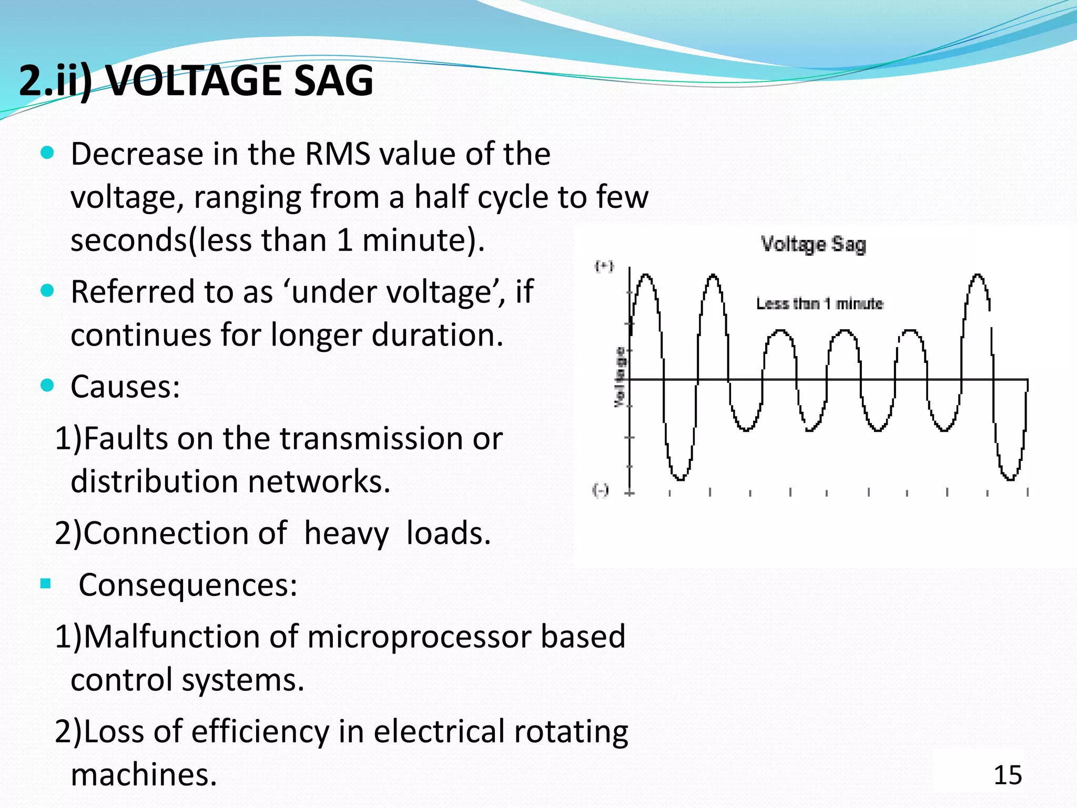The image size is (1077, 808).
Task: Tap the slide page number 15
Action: point(1008,775)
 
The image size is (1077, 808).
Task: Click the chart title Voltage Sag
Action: point(813,245)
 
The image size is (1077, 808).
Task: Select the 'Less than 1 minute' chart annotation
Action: point(819,304)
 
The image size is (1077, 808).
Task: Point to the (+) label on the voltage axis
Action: point(604,266)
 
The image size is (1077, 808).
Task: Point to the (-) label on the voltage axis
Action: point(601,490)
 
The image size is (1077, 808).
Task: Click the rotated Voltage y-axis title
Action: point(621,377)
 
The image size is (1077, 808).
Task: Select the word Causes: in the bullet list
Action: point(125,387)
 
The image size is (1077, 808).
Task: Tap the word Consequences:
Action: point(188,585)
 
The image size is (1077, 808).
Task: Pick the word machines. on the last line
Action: point(144,774)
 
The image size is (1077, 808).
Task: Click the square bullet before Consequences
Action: point(46,583)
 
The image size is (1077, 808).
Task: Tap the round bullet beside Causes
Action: point(47,386)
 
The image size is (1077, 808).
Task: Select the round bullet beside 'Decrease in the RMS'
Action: point(47,153)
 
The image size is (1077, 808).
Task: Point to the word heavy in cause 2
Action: point(347,533)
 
